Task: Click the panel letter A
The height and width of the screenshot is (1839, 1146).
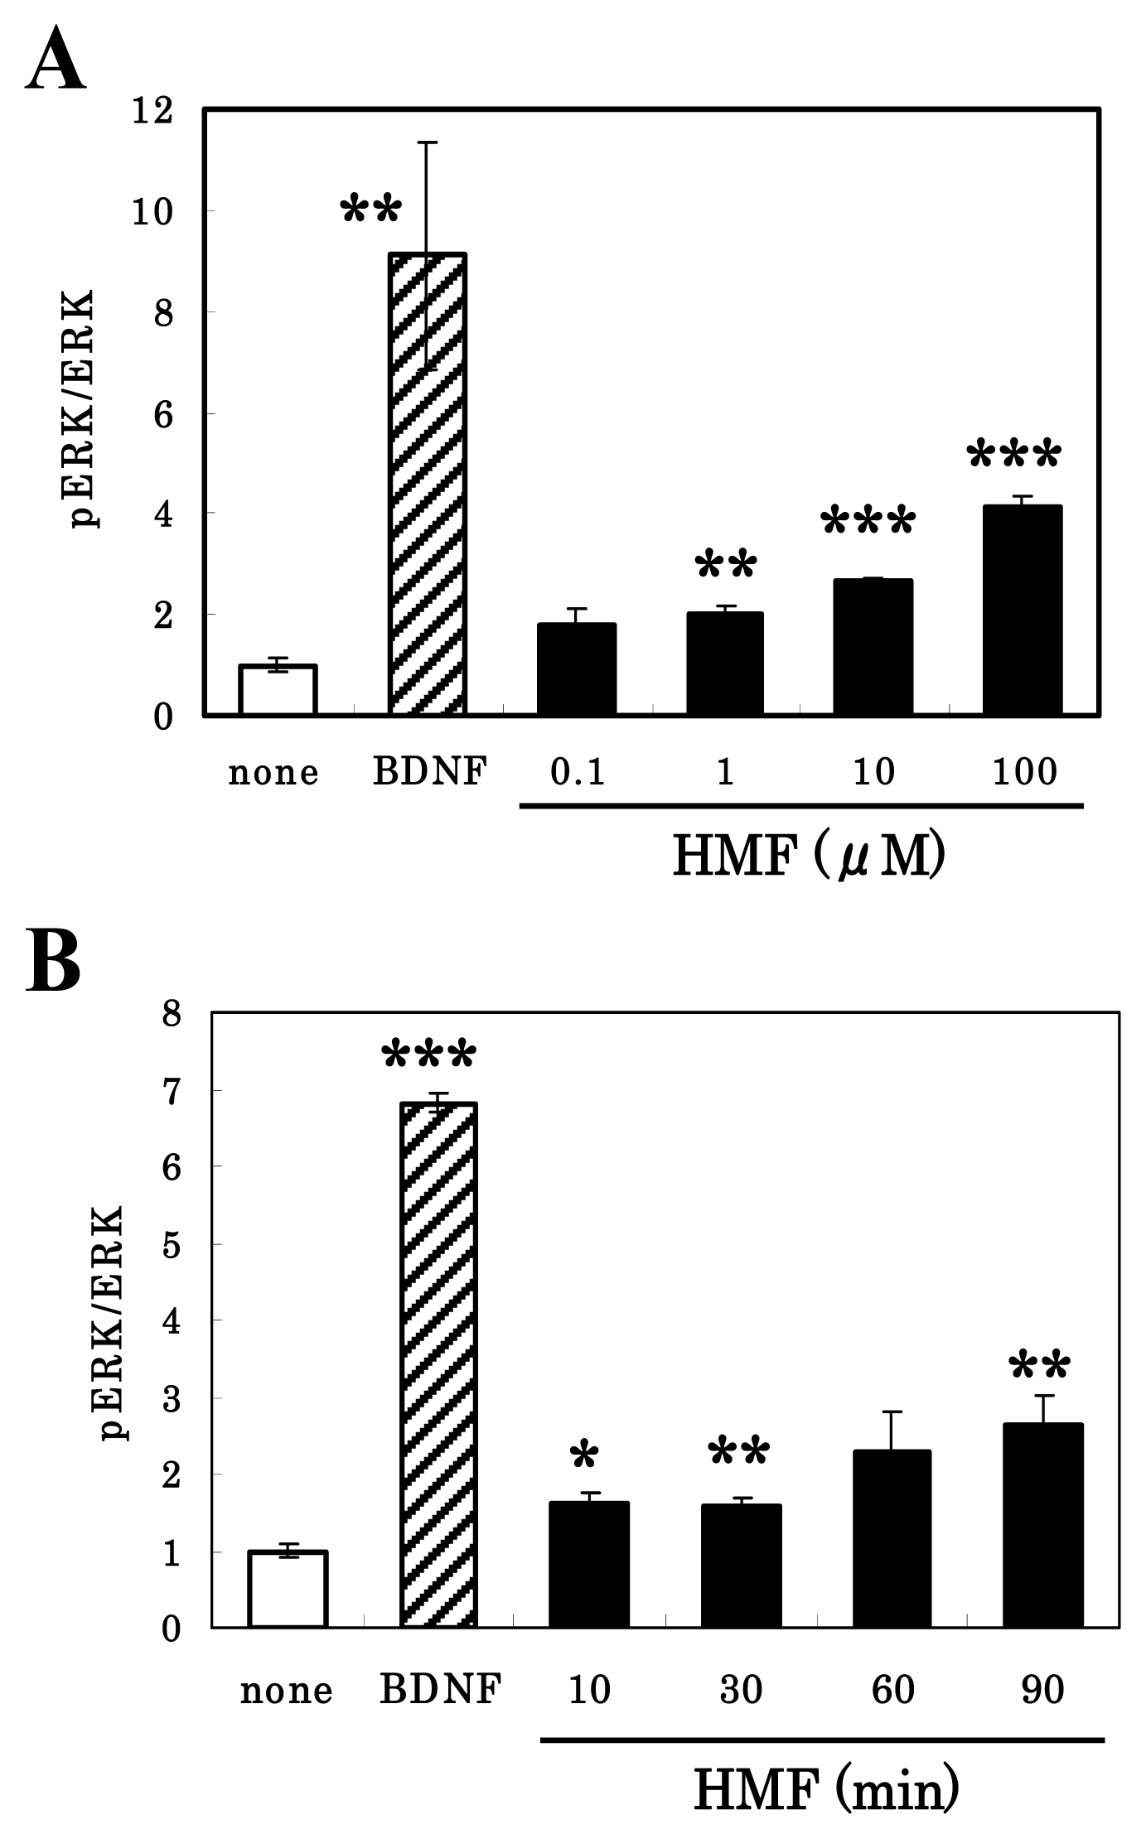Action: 56,60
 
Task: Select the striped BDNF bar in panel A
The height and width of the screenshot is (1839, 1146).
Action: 428,485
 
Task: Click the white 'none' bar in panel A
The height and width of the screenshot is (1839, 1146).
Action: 278,689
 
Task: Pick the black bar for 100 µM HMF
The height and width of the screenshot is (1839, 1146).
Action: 1022,611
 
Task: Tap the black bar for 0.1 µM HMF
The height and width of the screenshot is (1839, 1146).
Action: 576,669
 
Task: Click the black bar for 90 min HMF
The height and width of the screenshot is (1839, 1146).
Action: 1042,1525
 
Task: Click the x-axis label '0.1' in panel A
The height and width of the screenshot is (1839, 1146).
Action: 578,772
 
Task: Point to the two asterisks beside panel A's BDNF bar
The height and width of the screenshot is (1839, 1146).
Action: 371,210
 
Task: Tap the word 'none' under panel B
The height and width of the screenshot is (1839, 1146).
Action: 287,1689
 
